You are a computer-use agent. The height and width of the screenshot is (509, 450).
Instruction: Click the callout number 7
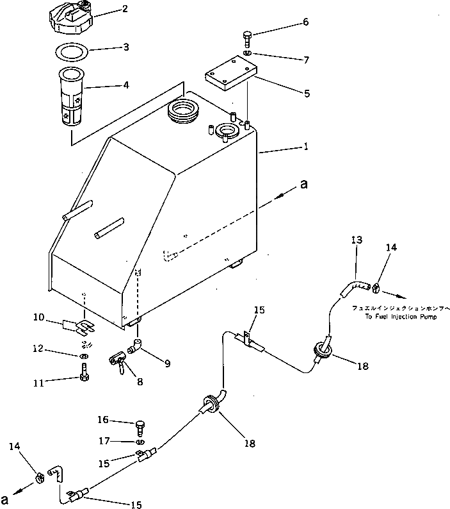coord(306,60)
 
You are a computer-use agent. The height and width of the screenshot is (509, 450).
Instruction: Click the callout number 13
coord(357,240)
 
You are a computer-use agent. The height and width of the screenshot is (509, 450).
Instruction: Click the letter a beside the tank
coord(303,185)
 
